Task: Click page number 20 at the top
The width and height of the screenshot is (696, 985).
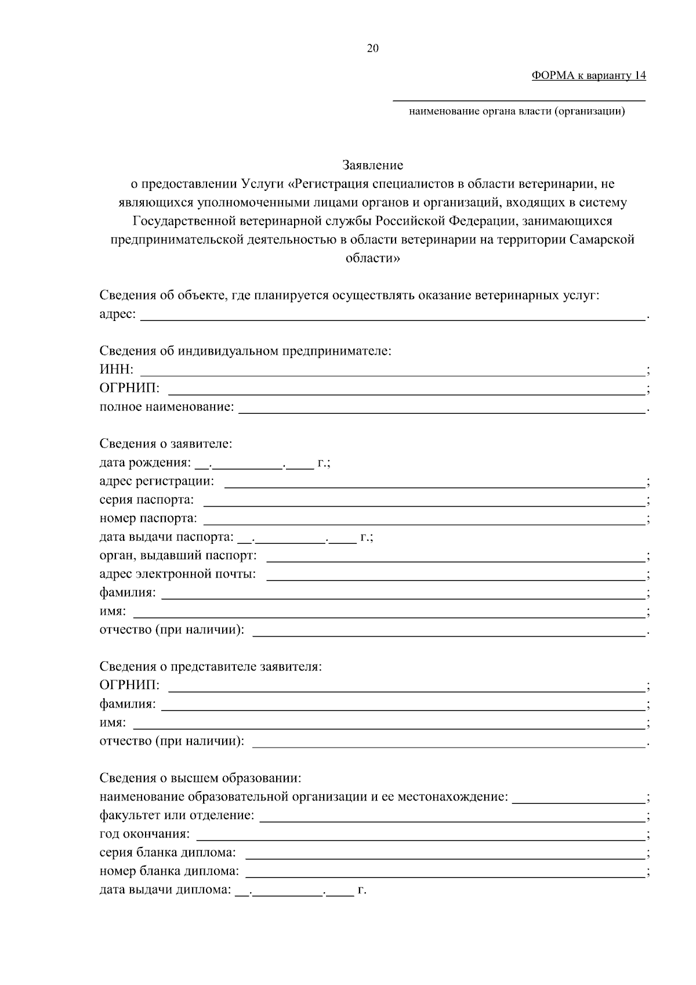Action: coord(372,49)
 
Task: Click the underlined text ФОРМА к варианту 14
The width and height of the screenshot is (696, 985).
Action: coord(588,75)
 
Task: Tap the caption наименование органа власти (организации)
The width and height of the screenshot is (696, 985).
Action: coord(517,111)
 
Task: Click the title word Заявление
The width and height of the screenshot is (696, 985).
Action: coord(372,165)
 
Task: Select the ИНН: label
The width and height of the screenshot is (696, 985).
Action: coord(117,370)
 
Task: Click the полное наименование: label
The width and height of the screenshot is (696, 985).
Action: coord(166,407)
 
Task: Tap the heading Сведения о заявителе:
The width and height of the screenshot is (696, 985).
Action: coord(166,444)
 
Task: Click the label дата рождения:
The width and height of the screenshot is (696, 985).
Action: coord(144,463)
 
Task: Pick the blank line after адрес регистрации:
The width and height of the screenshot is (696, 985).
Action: coord(435,483)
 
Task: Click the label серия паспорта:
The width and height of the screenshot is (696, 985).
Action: coord(147,500)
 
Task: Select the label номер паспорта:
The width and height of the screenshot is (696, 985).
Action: coord(148,518)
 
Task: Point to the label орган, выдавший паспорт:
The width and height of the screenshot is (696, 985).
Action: coord(177,555)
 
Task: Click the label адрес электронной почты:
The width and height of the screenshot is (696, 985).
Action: coord(177,574)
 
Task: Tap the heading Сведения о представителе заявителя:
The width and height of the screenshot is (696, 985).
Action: coord(211,666)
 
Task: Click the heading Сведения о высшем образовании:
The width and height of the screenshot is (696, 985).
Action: coord(200,778)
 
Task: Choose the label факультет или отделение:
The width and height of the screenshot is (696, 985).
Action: coord(177,816)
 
